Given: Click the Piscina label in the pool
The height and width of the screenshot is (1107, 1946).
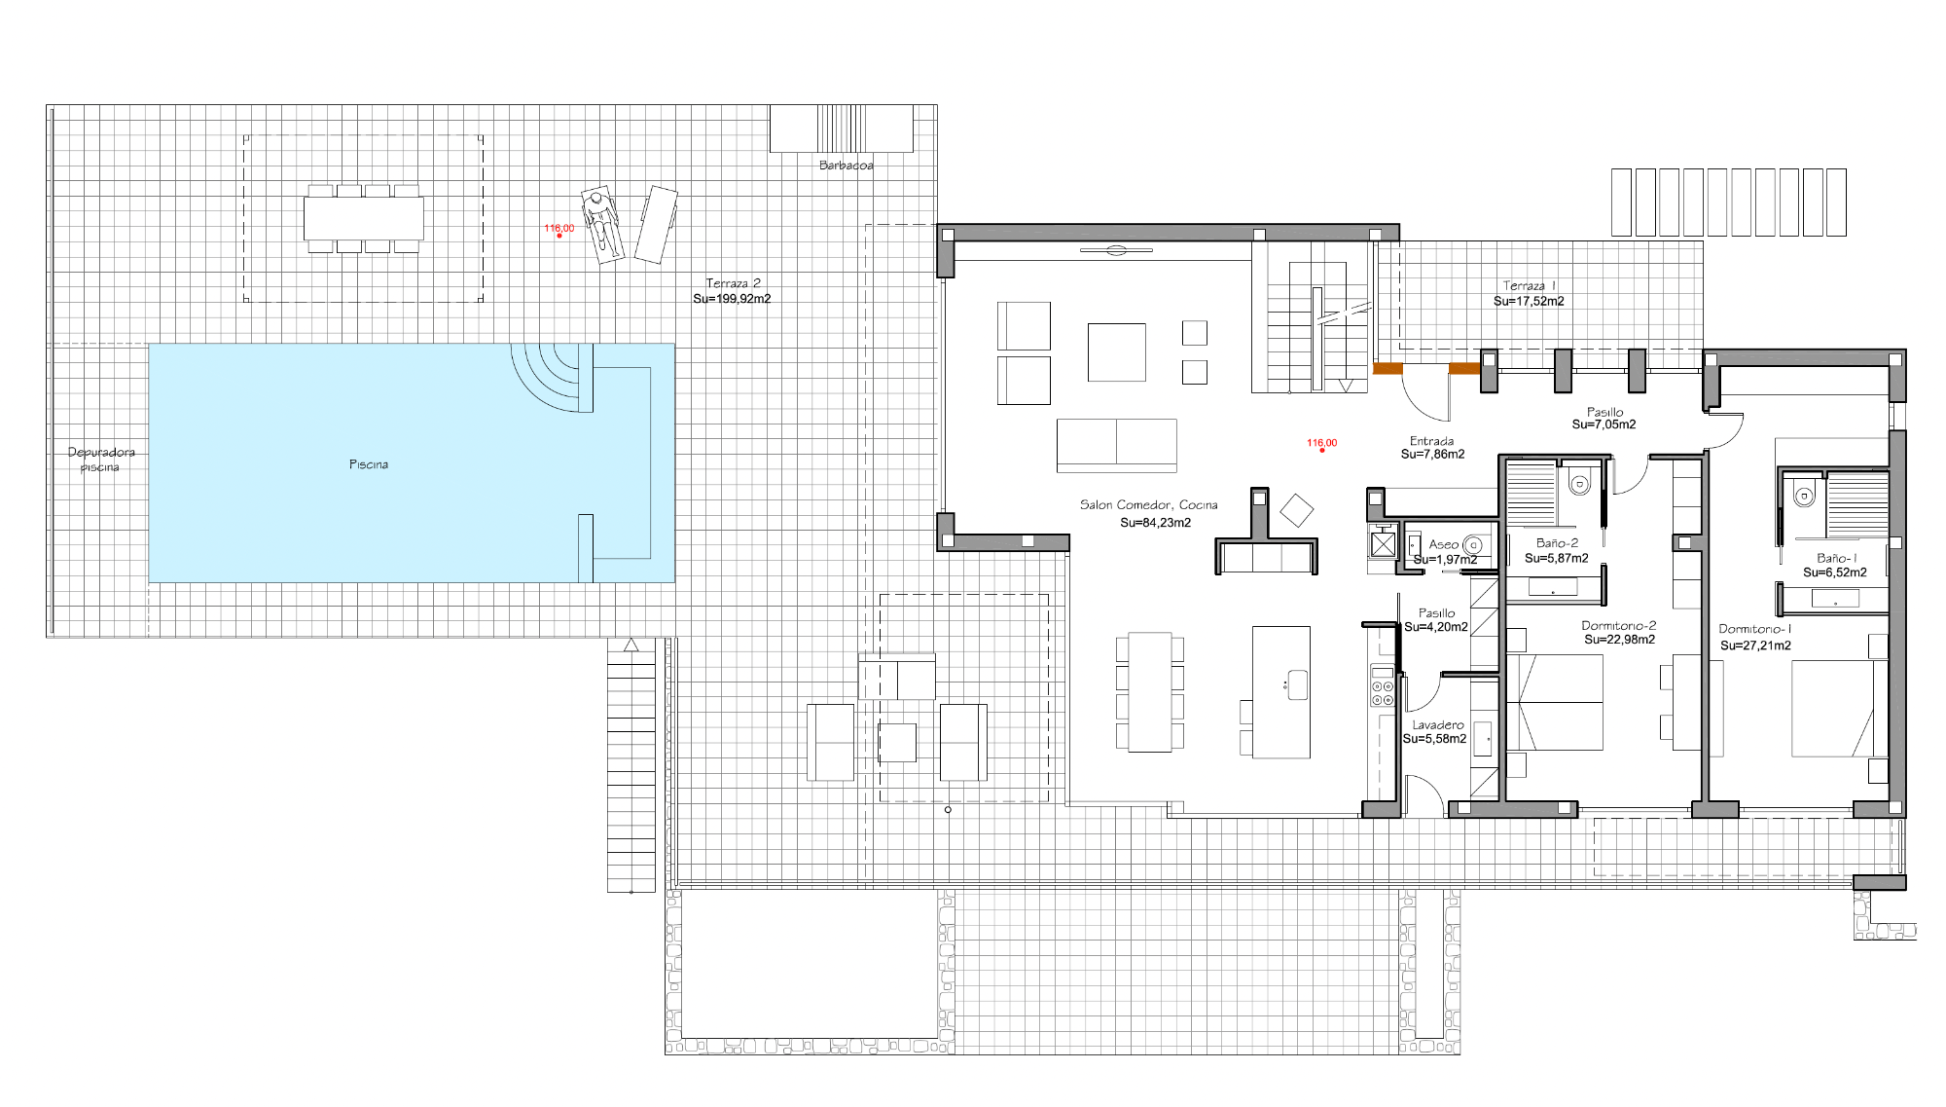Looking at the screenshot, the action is (369, 464).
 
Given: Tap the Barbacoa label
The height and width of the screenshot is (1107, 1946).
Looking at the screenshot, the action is (847, 166).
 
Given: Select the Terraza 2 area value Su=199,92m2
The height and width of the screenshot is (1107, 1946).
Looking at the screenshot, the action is (732, 299).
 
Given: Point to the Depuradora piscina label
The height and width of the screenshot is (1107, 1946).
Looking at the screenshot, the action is (101, 460).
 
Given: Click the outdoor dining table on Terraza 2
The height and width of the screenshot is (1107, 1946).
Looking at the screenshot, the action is (364, 218).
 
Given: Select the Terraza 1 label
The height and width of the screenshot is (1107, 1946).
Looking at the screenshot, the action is (1530, 285).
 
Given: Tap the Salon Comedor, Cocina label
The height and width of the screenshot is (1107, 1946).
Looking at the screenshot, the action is (1149, 504).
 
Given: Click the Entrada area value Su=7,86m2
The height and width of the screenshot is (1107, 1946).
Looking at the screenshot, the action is (1433, 455).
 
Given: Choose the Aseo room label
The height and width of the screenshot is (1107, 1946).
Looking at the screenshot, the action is (1444, 544).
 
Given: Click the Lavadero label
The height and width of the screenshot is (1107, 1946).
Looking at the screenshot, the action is (1438, 725).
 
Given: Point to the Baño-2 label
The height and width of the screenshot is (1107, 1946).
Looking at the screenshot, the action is (1558, 543).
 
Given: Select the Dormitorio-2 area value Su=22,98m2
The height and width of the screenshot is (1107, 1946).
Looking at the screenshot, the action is (1620, 640).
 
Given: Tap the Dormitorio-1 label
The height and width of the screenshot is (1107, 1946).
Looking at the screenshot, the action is (1755, 629).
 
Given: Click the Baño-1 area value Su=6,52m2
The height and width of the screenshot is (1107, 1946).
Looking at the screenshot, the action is (1835, 572).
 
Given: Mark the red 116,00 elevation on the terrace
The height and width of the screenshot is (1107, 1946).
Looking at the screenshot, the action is (559, 229).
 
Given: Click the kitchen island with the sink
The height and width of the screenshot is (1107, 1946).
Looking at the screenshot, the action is (1281, 692).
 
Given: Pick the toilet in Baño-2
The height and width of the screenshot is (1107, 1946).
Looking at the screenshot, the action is (1579, 481).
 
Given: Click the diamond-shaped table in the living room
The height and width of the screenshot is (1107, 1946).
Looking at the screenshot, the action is (1296, 511).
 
